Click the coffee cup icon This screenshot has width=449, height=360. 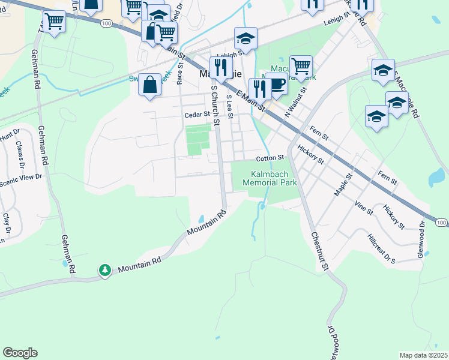point(277,84)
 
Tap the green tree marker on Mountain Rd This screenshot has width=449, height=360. point(106,270)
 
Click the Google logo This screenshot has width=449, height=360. point(20,353)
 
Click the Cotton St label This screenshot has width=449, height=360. point(270,158)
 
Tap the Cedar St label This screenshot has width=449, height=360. point(197,114)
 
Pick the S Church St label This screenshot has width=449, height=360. point(214,105)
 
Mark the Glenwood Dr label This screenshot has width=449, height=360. point(423,239)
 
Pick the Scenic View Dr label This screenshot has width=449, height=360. point(21,176)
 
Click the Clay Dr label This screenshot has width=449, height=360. point(6,224)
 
